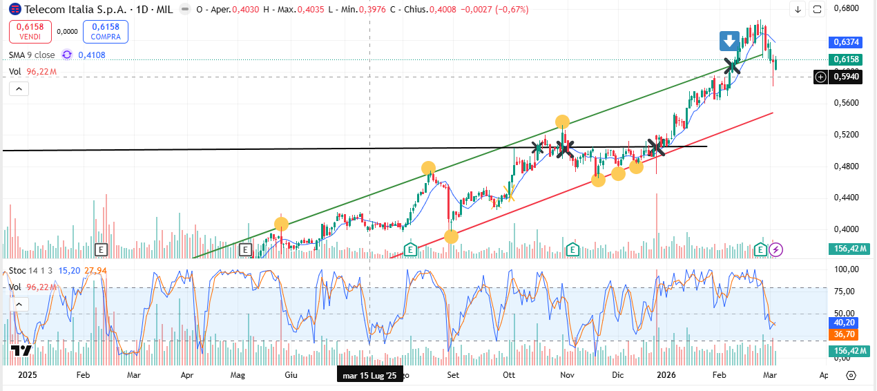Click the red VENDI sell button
[x=30, y=31]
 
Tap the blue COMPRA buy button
[x=106, y=31]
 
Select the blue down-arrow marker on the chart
[x=729, y=41]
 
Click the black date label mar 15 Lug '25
[x=369, y=376]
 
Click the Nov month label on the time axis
[x=567, y=375]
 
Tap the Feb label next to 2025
[x=83, y=375]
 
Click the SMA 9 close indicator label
[x=32, y=55]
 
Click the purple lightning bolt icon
[x=776, y=249]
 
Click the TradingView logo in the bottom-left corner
[x=22, y=350]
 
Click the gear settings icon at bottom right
[x=851, y=375]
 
